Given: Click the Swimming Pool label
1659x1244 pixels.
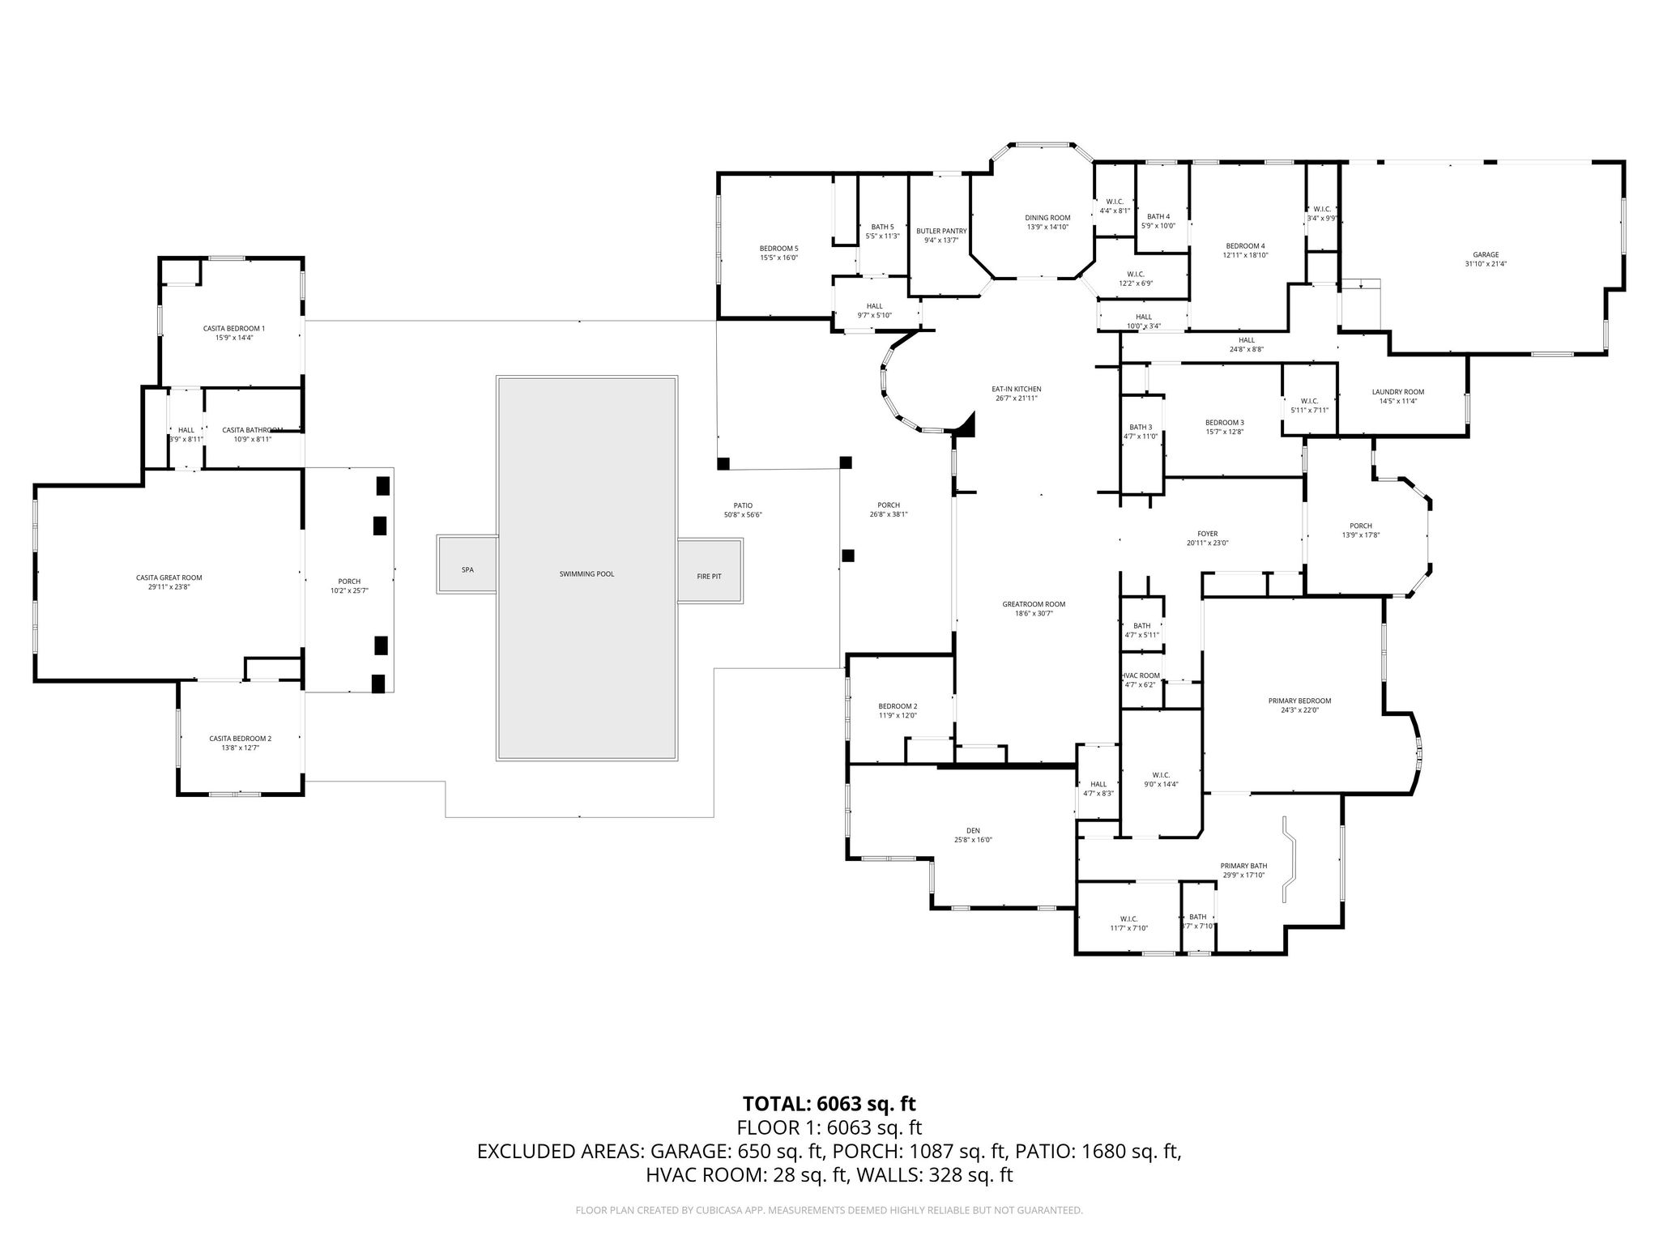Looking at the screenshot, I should [x=586, y=573].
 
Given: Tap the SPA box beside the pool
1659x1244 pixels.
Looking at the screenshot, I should [x=467, y=570].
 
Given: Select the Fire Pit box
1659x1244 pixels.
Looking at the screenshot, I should [x=709, y=576].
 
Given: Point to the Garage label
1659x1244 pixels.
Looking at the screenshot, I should [x=1486, y=254].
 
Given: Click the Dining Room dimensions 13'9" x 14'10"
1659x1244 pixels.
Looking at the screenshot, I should [x=1047, y=227].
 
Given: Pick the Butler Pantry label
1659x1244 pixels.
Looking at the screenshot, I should [x=941, y=231].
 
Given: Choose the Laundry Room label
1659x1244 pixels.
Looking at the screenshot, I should [x=1397, y=392].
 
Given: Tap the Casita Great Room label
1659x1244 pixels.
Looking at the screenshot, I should [x=168, y=577].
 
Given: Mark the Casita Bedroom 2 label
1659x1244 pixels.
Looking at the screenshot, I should [x=240, y=738].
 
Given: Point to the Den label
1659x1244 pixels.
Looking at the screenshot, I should [x=973, y=830].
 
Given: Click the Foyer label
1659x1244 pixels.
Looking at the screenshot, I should [x=1207, y=534].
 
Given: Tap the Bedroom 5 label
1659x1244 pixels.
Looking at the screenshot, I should [x=778, y=249].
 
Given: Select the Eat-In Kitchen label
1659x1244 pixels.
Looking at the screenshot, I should [x=1016, y=389].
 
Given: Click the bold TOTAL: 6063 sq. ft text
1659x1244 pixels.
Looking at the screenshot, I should [x=829, y=1103].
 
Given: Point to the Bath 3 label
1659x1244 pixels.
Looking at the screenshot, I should [x=1141, y=427].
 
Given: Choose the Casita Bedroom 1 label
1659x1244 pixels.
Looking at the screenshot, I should [x=233, y=328].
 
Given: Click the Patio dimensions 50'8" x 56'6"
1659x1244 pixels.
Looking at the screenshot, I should [x=743, y=515].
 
